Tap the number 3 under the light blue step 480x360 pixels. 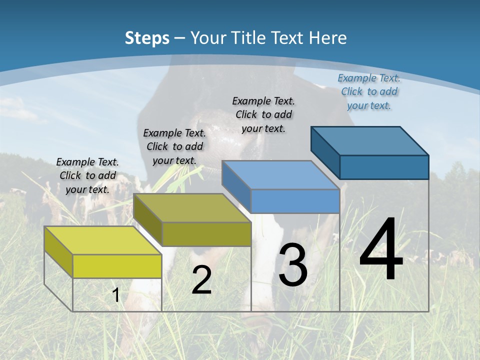point(293,265)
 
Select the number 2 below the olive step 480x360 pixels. point(201,280)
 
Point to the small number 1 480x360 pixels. point(116,295)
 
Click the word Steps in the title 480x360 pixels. point(147,38)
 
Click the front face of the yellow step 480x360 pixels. point(117,266)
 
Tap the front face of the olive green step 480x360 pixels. point(206,234)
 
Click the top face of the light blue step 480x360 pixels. point(280,175)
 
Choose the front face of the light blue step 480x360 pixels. point(295,201)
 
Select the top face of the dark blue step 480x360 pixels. point(369,141)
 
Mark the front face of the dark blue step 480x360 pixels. point(384,167)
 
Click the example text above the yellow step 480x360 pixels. point(87,175)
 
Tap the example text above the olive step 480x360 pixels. point(174,146)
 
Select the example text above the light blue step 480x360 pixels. point(263,114)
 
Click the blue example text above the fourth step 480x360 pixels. point(369,91)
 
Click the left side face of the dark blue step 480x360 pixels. point(325,150)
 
